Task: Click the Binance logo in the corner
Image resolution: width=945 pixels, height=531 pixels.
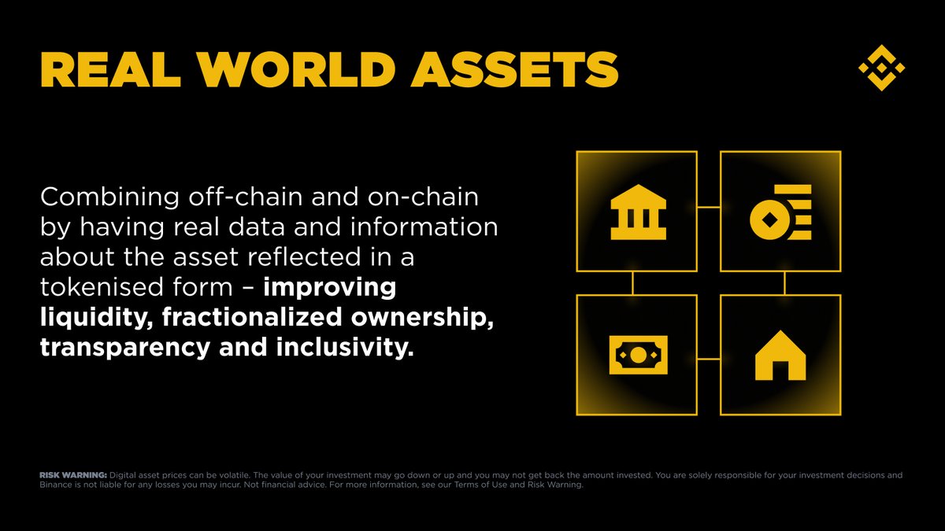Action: [x=881, y=67]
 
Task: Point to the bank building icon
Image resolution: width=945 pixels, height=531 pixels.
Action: [x=638, y=212]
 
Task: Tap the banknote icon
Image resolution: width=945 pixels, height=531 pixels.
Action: [x=638, y=356]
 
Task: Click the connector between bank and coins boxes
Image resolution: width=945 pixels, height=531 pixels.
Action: [x=709, y=208]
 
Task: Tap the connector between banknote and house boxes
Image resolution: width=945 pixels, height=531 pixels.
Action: [x=709, y=359]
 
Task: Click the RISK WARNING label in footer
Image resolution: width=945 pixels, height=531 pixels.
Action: [x=72, y=475]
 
